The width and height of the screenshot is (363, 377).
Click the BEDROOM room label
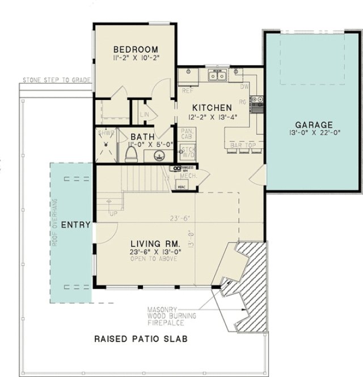point(135,49)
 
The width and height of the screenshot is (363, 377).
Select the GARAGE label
point(314,125)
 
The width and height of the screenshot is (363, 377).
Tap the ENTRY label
point(75,225)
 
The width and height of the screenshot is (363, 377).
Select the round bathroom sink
point(160,155)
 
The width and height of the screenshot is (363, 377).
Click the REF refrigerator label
point(187,91)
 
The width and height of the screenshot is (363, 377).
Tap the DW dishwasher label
point(245,87)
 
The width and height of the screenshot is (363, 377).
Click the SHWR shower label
point(106,133)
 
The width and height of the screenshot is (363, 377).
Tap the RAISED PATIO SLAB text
point(141,340)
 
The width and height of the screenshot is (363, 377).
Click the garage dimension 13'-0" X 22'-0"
point(314,134)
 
